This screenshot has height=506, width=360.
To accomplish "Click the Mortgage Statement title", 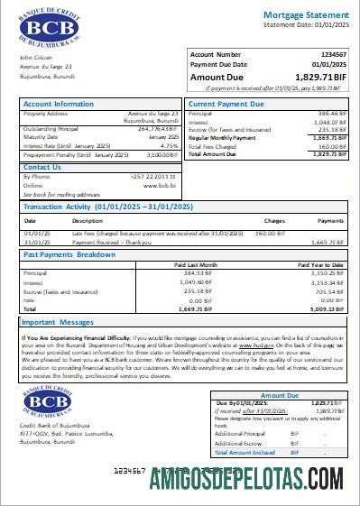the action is [306, 15].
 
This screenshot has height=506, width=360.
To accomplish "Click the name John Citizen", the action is [35, 59].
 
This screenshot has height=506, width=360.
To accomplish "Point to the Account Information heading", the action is [59, 104].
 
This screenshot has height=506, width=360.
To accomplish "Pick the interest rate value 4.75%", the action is [169, 145].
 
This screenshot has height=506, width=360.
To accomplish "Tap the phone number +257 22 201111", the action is [153, 176].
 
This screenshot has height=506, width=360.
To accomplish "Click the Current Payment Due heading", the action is [227, 104].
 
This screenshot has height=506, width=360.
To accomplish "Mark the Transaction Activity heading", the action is [108, 207].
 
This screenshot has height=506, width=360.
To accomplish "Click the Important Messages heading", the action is [58, 321].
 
